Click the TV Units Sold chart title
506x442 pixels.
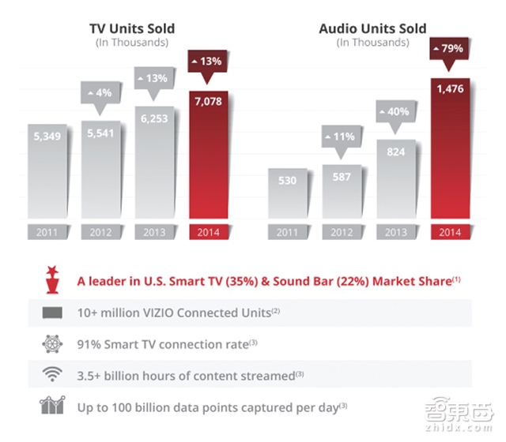pos(131,29)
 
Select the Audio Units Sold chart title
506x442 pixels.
pos(372,29)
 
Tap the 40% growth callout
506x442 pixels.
pos(398,112)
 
